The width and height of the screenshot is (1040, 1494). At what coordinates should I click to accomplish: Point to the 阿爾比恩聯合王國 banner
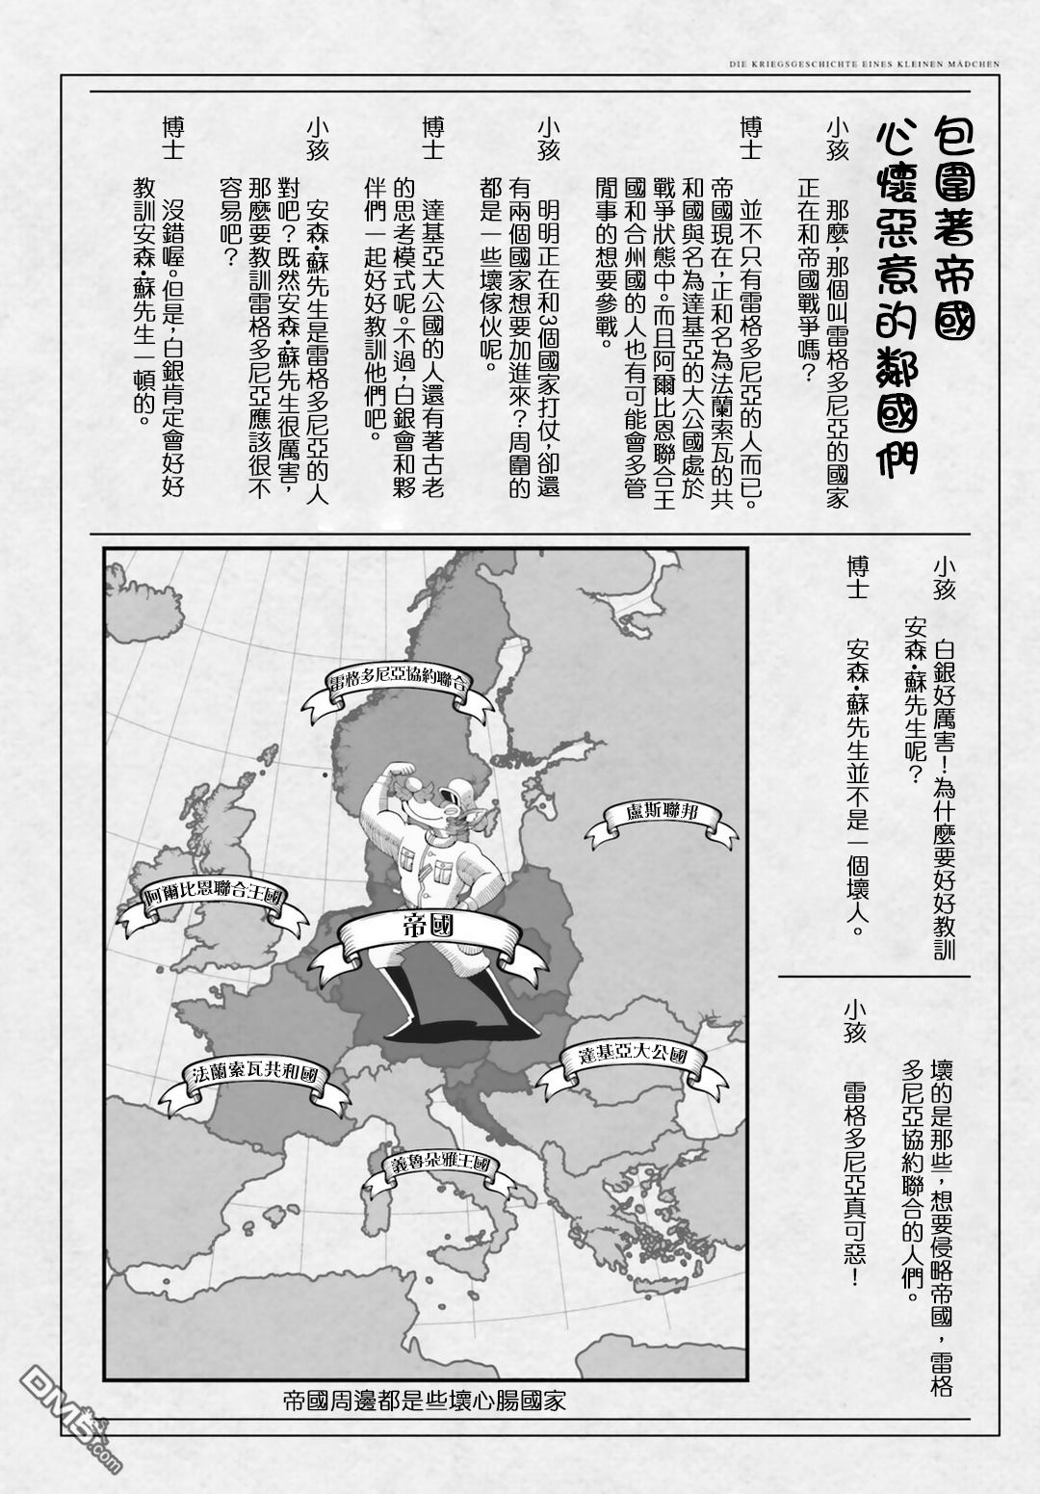click(x=213, y=895)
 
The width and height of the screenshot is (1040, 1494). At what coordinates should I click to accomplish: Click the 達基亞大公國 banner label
click(x=632, y=1056)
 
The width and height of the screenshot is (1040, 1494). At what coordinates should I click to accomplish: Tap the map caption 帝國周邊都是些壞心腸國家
click(x=424, y=1399)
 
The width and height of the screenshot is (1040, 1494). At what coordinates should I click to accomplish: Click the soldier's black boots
click(x=424, y=1011)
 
